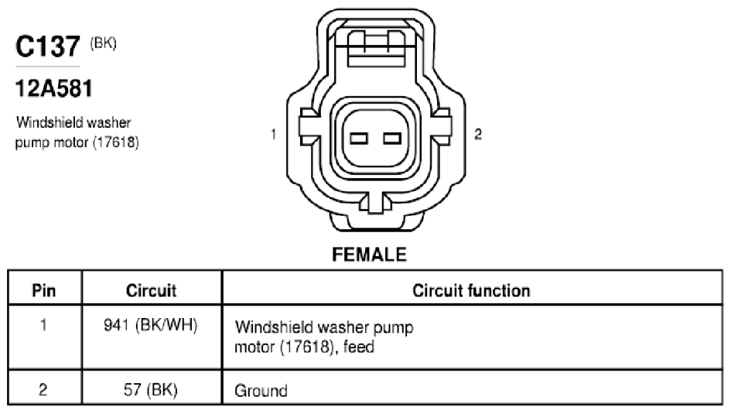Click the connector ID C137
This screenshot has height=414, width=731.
[x=47, y=46]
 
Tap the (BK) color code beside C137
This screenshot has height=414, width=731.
[x=103, y=43]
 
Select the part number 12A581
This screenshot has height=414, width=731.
[x=54, y=88]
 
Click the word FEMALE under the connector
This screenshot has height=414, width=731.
[x=369, y=255]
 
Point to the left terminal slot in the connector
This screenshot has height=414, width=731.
[x=359, y=139]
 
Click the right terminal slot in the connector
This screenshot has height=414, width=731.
[x=392, y=139]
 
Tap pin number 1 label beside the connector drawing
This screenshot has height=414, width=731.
[x=274, y=135]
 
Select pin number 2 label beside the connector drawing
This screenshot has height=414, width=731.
[x=478, y=135]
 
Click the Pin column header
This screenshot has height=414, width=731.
[x=44, y=290]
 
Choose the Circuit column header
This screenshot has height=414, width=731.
[x=151, y=290]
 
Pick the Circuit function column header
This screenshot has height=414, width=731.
[x=471, y=290]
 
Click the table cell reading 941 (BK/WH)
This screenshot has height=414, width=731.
[x=151, y=325]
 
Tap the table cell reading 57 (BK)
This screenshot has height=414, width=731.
[x=151, y=389]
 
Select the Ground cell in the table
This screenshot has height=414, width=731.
[x=261, y=391]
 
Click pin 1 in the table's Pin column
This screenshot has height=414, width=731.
[x=43, y=324]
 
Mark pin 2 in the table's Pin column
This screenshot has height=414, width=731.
[x=43, y=389]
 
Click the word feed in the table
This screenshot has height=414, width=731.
[x=358, y=347]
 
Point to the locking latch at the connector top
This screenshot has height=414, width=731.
[x=376, y=47]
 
